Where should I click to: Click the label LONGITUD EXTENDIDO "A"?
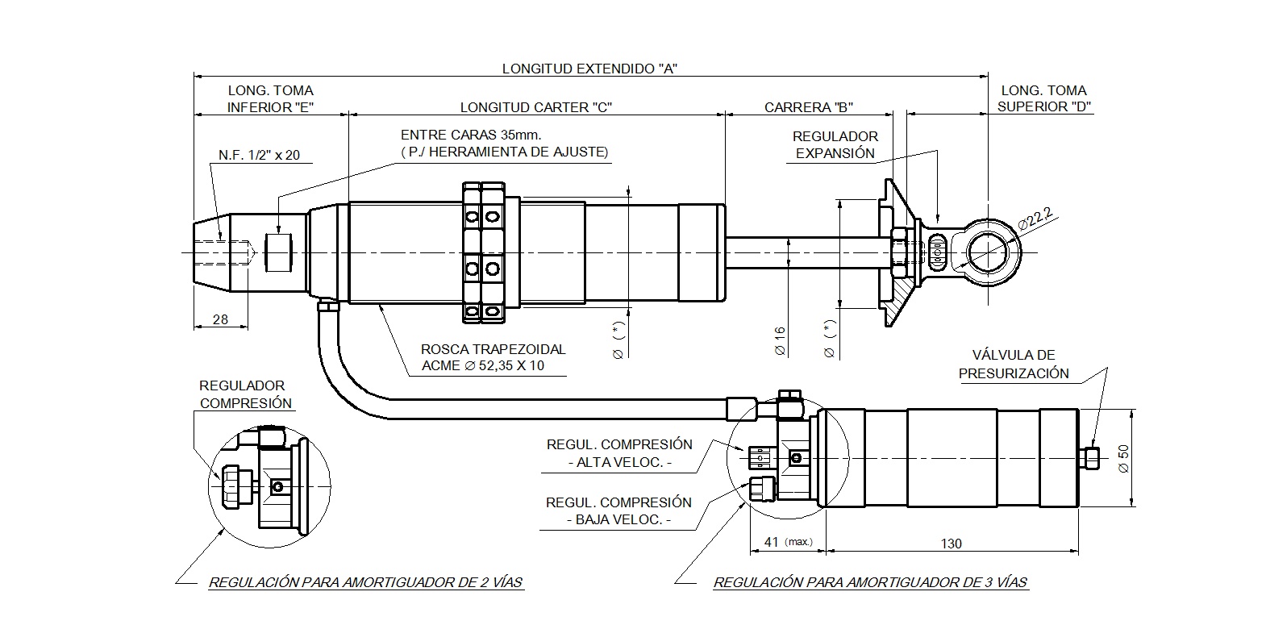point(589,69)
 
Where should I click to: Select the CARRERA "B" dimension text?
point(808,107)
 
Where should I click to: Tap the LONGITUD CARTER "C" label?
point(535,107)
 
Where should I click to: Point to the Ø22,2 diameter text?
point(1035,218)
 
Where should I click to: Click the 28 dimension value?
point(220,319)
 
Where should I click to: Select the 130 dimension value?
point(952,544)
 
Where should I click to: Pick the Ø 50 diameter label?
point(1123,458)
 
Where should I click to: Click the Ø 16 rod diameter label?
point(780,341)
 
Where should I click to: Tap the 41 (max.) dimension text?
point(789,542)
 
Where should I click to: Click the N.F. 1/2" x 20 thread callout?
point(260,156)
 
